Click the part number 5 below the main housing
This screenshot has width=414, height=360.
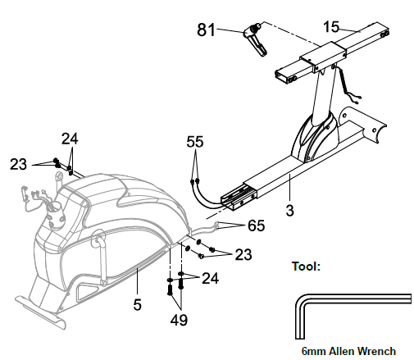tap(138, 304)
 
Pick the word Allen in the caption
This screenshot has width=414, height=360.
tap(343, 351)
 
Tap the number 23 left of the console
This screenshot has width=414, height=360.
tap(19, 164)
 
